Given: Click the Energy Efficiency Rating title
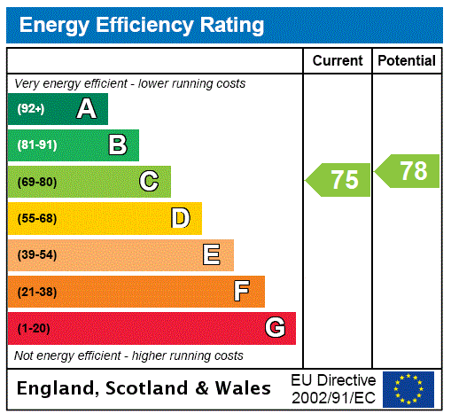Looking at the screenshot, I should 142,26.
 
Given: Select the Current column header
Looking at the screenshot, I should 338,61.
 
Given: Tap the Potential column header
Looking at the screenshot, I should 407,61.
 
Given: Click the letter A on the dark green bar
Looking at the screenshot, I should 86,109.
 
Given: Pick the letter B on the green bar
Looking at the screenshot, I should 117,145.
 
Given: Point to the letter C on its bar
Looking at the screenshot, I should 149,182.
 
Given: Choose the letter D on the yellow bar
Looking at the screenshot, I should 180,218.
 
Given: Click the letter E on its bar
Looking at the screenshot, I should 212,255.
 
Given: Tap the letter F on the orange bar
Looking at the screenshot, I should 241,292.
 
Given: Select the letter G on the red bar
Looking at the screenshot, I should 275,328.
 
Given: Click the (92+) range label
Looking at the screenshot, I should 31,109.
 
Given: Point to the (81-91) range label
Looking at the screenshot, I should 36,145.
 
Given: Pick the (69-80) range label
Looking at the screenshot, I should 36,182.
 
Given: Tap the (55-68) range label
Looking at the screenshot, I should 36,219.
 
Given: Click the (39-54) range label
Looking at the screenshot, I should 36,255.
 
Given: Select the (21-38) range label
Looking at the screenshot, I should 36,292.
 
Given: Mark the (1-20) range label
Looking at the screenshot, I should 34,329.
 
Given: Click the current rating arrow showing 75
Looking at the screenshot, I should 338,180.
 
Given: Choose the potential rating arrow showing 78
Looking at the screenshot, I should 408,171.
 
